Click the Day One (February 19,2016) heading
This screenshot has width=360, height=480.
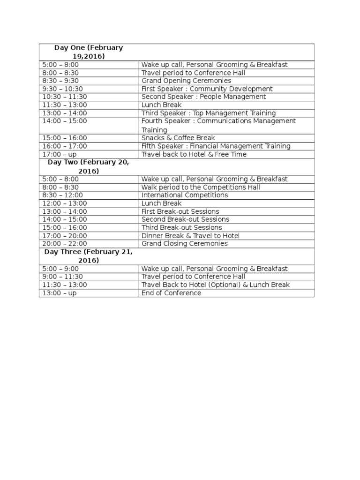pos(89,52)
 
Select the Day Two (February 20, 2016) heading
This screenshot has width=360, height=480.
pos(89,166)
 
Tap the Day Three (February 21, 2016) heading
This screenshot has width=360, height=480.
pos(89,256)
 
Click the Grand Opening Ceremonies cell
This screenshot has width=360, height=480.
pos(186,81)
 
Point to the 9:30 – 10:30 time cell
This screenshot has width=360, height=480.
pos(62,89)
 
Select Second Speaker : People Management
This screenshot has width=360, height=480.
pos(203,97)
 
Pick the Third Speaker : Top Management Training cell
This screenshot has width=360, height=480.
pos(209,113)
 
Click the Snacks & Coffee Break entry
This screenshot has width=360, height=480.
pos(178,138)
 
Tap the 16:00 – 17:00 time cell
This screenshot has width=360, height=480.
pos(64,146)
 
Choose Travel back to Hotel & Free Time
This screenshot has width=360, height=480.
pos(194,154)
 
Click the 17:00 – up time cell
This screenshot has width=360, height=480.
pos(59,154)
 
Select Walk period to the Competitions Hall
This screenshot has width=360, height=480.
pos(201,187)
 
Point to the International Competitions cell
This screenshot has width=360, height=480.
pos(185,195)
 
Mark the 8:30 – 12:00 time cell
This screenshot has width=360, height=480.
pos(62,195)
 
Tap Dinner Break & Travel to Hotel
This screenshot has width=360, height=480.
pos(190,236)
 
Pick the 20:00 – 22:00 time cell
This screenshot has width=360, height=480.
pos(64,244)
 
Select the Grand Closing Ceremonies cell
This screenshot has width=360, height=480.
pos(184,244)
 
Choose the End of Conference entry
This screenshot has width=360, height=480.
pos(171,293)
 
